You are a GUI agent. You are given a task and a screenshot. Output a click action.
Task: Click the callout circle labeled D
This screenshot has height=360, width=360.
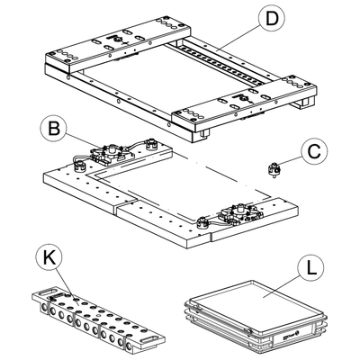pyautogui.click(x=272, y=18)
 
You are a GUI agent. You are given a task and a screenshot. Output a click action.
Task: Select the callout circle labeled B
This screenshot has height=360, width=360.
pyautogui.click(x=54, y=130)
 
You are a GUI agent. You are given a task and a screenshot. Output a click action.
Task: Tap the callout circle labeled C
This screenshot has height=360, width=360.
pyautogui.click(x=314, y=152)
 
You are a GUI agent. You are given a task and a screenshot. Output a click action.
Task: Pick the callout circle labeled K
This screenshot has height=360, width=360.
pyautogui.click(x=49, y=257)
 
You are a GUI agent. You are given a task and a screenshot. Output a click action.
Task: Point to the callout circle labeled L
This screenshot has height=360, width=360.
pyautogui.click(x=311, y=267)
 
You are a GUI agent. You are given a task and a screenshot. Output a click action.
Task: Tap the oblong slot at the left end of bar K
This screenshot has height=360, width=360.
pyautogui.click(x=47, y=292)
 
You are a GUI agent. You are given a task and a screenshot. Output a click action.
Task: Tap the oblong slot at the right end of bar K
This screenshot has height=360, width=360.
pyautogui.click(x=150, y=339)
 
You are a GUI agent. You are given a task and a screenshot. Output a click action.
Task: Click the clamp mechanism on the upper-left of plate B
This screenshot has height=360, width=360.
pyautogui.click(x=112, y=154)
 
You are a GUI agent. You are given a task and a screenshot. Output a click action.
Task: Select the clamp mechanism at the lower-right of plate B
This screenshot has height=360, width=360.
pyautogui.click(x=240, y=213)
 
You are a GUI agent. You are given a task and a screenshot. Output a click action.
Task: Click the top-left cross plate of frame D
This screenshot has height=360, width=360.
pyautogui.click(x=119, y=44)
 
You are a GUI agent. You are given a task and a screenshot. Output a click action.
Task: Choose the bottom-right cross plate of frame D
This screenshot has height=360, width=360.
pyautogui.click(x=245, y=103)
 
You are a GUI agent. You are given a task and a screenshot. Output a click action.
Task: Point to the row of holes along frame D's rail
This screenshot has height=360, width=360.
pyautogui.click(x=222, y=64)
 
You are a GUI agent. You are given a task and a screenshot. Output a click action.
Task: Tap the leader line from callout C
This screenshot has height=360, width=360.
pyautogui.click(x=290, y=161)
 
